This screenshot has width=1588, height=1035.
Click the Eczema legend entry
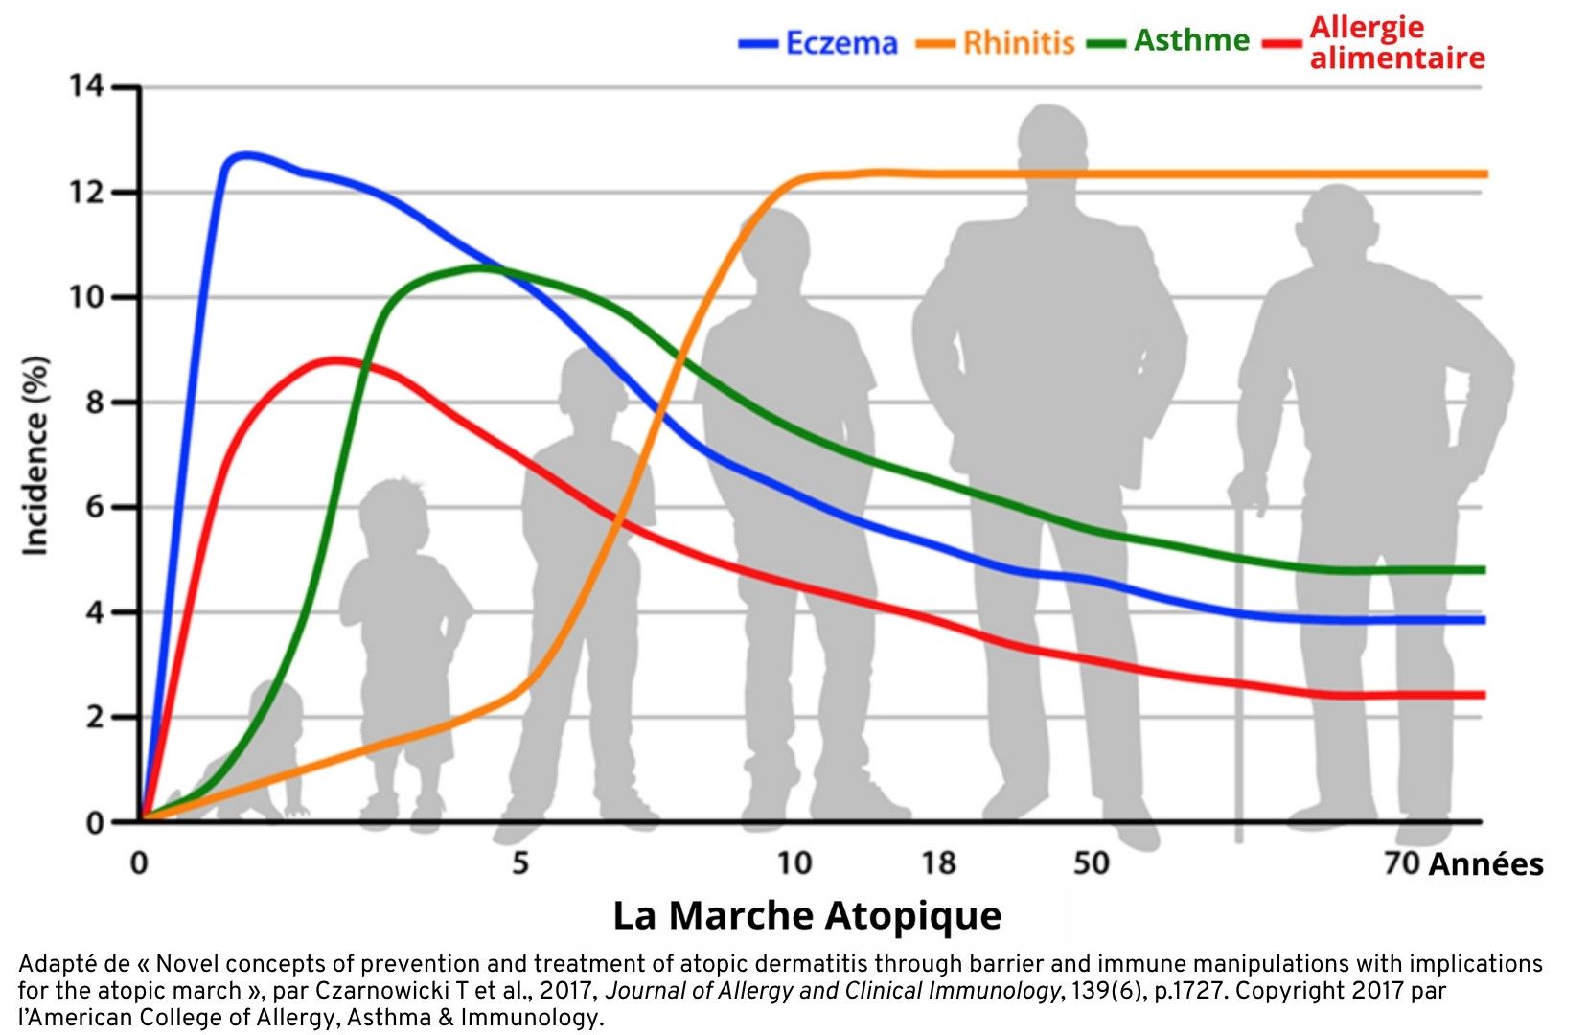pyautogui.click(x=840, y=43)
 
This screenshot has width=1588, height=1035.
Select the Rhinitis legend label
pyautogui.click(x=1018, y=43)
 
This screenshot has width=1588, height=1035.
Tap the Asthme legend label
pyautogui.click(x=1191, y=40)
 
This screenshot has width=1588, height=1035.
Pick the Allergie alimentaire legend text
pyautogui.click(x=1396, y=43)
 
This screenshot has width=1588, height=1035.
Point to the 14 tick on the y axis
pyautogui.click(x=85, y=87)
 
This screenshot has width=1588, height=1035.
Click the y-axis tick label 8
pyautogui.click(x=93, y=402)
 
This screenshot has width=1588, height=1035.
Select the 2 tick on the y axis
pyautogui.click(x=93, y=717)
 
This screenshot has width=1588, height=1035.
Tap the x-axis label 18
pyautogui.click(x=938, y=863)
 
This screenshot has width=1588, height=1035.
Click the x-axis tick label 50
pyautogui.click(x=1091, y=863)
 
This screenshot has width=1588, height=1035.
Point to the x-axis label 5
pyautogui.click(x=519, y=863)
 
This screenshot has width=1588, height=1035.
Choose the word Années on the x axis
pyautogui.click(x=1485, y=864)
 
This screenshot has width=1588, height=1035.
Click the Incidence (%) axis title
pyautogui.click(x=35, y=455)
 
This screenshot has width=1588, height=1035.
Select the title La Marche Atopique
pyautogui.click(x=807, y=915)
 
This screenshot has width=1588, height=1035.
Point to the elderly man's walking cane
pyautogui.click(x=1239, y=671)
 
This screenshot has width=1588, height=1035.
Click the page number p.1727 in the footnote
pyautogui.click(x=1190, y=991)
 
